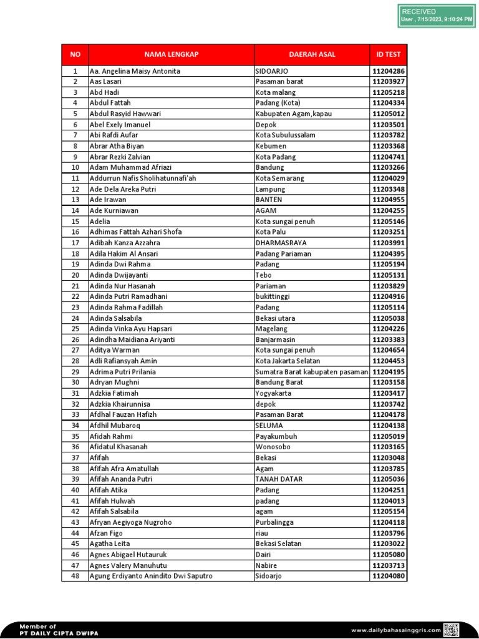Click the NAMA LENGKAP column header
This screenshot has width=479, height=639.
pyautogui.click(x=171, y=54)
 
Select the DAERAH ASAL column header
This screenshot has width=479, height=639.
pyautogui.click(x=312, y=54)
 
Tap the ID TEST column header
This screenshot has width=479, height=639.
pyautogui.click(x=389, y=54)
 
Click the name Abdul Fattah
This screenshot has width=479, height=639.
pyautogui.click(x=110, y=103)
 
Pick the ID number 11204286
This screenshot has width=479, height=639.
pyautogui.click(x=389, y=71)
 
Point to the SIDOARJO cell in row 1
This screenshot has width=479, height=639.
pyautogui.click(x=272, y=71)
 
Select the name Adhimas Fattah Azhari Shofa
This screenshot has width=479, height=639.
pyautogui.click(x=136, y=232)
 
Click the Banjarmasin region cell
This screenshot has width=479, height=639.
pyautogui.click(x=275, y=339)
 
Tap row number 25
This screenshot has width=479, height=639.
pyautogui.click(x=75, y=329)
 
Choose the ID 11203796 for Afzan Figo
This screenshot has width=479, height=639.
pyautogui.click(x=389, y=534)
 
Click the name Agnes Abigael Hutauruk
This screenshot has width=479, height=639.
pyautogui.click(x=128, y=555)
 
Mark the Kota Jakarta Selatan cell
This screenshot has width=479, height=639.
pyautogui.click(x=288, y=361)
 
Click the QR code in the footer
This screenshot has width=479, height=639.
pyautogui.click(x=451, y=630)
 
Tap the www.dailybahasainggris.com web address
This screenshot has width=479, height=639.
pyautogui.click(x=395, y=630)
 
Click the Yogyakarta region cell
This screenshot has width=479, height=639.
pyautogui.click(x=274, y=394)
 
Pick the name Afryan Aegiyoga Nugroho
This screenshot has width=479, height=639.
pyautogui.click(x=131, y=522)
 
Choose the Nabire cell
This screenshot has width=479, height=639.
pyautogui.click(x=266, y=565)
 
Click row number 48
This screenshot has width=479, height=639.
pyautogui.click(x=75, y=576)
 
